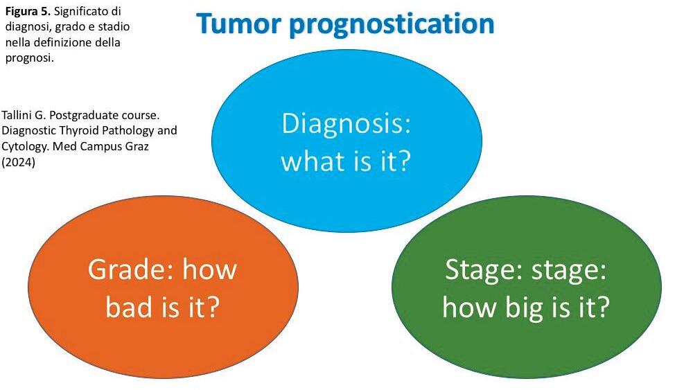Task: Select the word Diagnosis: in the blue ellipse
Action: point(346,125)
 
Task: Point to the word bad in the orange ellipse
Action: point(131,306)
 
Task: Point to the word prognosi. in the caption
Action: point(28,57)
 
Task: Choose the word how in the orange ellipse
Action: point(209,269)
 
